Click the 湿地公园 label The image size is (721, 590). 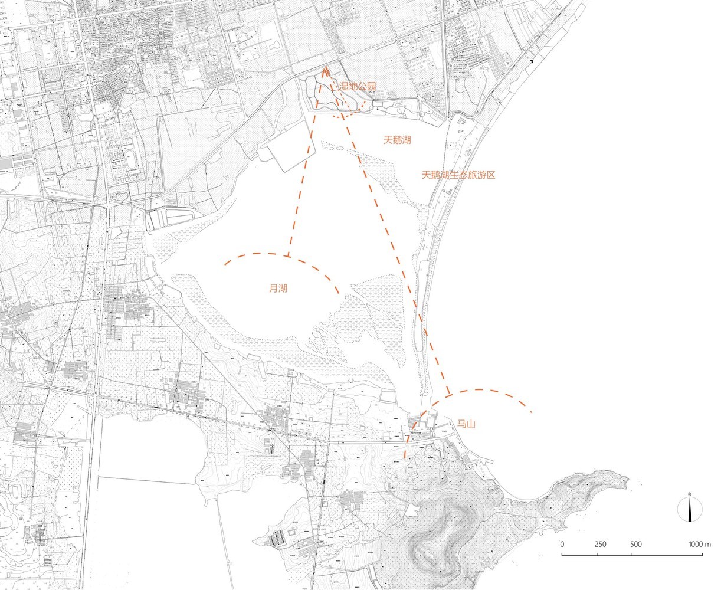click(357, 87)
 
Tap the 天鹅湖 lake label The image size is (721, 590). click(396, 140)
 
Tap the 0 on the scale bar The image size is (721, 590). click(562, 544)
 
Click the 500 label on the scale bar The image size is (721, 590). click(635, 544)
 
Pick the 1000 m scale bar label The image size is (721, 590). click(699, 544)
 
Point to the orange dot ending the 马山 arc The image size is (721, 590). click(532, 412)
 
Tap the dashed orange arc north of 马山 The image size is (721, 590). click(484, 391)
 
